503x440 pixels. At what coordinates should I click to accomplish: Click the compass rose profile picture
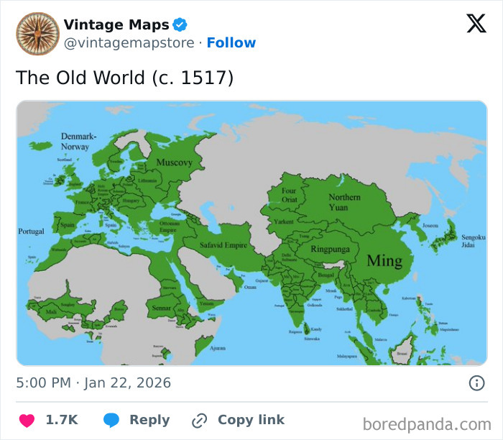[37, 34]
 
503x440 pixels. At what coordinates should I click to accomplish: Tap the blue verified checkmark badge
[180, 25]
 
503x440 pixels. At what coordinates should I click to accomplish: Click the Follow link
[231, 43]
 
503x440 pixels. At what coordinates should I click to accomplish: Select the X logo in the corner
[476, 24]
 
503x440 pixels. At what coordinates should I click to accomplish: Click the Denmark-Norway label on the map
[78, 141]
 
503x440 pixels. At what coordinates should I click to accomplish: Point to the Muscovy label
[174, 162]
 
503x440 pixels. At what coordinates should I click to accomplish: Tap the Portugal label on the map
[31, 232]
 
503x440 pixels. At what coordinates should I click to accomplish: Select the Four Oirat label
[289, 196]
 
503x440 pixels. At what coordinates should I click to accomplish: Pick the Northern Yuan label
[344, 201]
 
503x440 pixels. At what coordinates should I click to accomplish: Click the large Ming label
[384, 260]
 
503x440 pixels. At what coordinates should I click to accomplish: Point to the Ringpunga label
[330, 249]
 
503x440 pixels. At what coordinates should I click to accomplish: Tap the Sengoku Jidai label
[474, 241]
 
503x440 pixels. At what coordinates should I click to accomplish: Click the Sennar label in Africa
[160, 307]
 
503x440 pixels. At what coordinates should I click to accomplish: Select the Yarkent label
[283, 222]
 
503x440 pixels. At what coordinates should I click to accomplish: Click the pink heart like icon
[27, 420]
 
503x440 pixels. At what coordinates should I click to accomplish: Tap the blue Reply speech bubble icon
[111, 420]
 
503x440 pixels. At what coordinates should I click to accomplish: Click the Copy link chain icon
[199, 420]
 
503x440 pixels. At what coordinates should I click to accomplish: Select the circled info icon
[476, 383]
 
